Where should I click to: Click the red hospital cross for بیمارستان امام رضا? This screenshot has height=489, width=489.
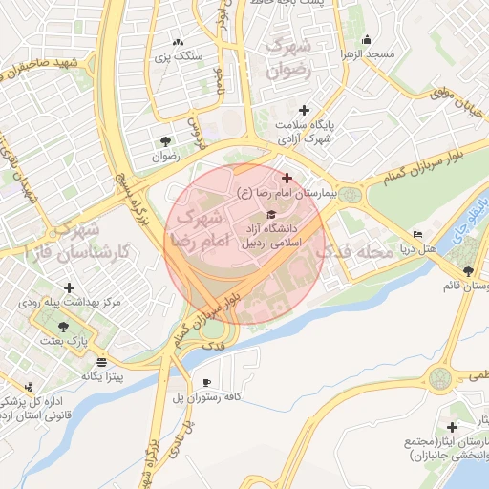pyautogui.click(x=287, y=178)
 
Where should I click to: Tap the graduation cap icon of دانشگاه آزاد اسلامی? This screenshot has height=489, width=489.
pyautogui.click(x=271, y=214)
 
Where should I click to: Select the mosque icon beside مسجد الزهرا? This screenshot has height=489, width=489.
pyautogui.click(x=367, y=39)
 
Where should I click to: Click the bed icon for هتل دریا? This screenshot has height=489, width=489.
pyautogui.click(x=417, y=235)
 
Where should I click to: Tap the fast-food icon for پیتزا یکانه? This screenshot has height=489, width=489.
pyautogui.click(x=102, y=361)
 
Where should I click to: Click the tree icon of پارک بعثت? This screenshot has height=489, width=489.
pyautogui.click(x=63, y=326)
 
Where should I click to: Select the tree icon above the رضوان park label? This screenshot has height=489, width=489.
pyautogui.click(x=168, y=140)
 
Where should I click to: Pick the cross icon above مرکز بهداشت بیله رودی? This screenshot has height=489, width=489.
pyautogui.click(x=69, y=287)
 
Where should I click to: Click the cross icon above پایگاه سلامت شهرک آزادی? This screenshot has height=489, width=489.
pyautogui.click(x=305, y=110)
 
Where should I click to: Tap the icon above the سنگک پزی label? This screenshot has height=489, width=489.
pyautogui.click(x=177, y=42)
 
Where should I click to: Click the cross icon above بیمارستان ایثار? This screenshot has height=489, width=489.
pyautogui.click(x=453, y=426)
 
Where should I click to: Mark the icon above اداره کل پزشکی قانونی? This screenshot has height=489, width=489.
pyautogui.click(x=30, y=387)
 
